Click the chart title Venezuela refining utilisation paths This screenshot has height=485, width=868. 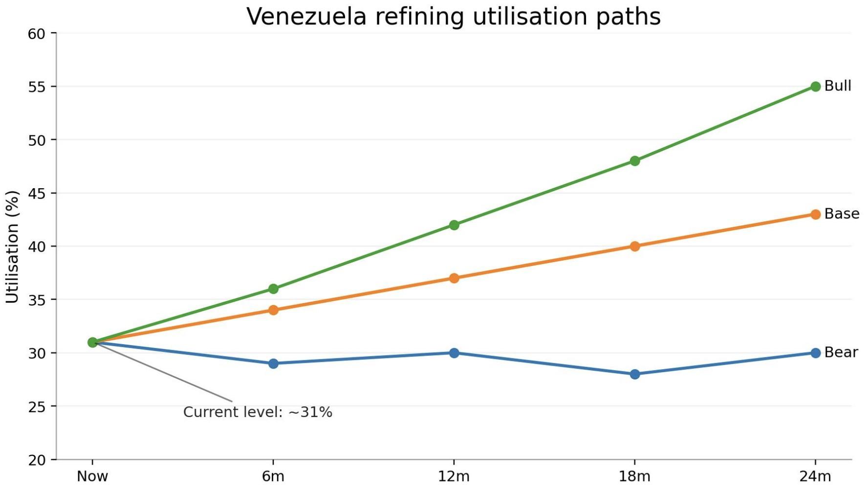453,17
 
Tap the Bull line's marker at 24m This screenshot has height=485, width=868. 815,87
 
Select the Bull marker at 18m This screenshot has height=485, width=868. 634,161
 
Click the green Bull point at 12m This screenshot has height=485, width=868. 454,225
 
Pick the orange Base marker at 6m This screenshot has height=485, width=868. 273,310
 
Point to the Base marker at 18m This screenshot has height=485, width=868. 634,246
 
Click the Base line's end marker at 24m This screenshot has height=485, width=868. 815,215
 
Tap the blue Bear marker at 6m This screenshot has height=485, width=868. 273,364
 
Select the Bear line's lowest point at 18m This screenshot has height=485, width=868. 634,375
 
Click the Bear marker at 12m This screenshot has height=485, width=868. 454,353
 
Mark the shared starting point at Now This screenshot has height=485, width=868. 92,342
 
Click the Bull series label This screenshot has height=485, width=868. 837,86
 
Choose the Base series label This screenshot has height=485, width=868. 841,214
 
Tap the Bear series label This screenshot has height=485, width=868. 841,353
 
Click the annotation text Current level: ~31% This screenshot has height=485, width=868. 258,412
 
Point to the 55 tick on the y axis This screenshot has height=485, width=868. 37,87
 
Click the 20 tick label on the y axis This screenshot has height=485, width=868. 37,460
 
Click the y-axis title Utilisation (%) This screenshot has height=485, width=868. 12,247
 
